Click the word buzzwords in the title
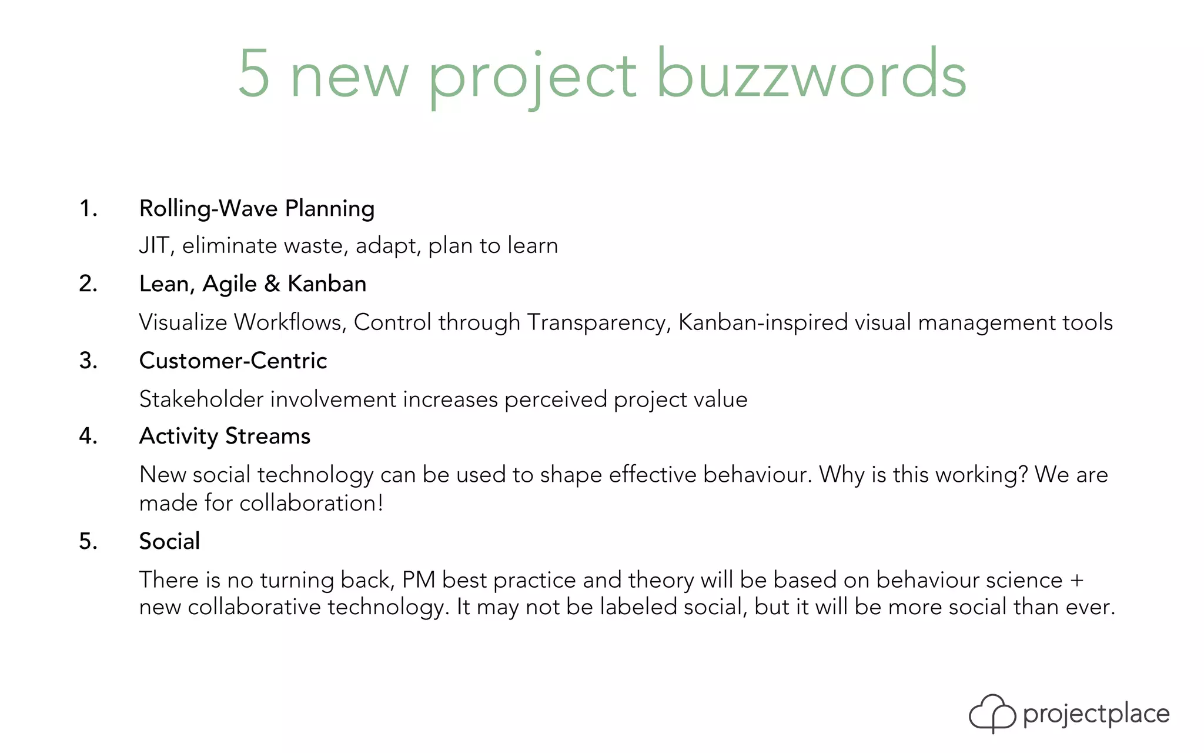pyautogui.click(x=811, y=75)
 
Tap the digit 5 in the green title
pyautogui.click(x=254, y=75)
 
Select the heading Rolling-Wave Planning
pyautogui.click(x=257, y=209)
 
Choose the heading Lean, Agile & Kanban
pyautogui.click(x=253, y=284)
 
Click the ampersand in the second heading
pyautogui.click(x=272, y=284)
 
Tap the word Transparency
pyautogui.click(x=598, y=322)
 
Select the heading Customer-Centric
pyautogui.click(x=233, y=361)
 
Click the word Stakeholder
pyautogui.click(x=201, y=399)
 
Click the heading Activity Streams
pyautogui.click(x=225, y=437)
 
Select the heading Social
pyautogui.click(x=169, y=541)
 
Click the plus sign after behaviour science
pyautogui.click(x=1076, y=580)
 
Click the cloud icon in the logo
pyautogui.click(x=992, y=713)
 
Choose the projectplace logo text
pyautogui.click(x=1096, y=714)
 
